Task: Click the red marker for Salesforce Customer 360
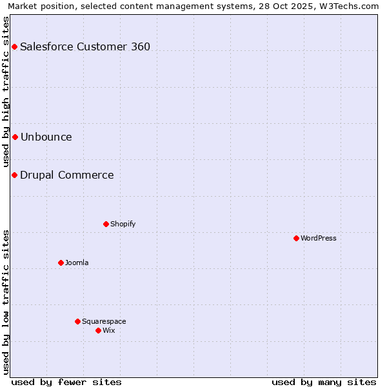coord(14,46)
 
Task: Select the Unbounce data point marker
coord(15,137)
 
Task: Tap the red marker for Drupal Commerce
coord(14,175)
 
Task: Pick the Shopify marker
coord(106,224)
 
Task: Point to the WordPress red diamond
coord(296,238)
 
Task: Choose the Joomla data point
coord(61,263)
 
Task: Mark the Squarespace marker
coord(77,321)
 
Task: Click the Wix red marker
coord(98,330)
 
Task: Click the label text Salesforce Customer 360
coord(85,46)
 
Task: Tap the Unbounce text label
coord(46,137)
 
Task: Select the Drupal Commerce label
coord(67,175)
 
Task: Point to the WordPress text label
coord(319,238)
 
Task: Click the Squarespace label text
coord(104,321)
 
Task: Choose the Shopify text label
coord(123,224)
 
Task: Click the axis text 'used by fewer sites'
coord(66,382)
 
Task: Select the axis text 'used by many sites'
coord(324,382)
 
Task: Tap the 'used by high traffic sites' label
coord(6,92)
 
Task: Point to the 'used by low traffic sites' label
coord(6,301)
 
